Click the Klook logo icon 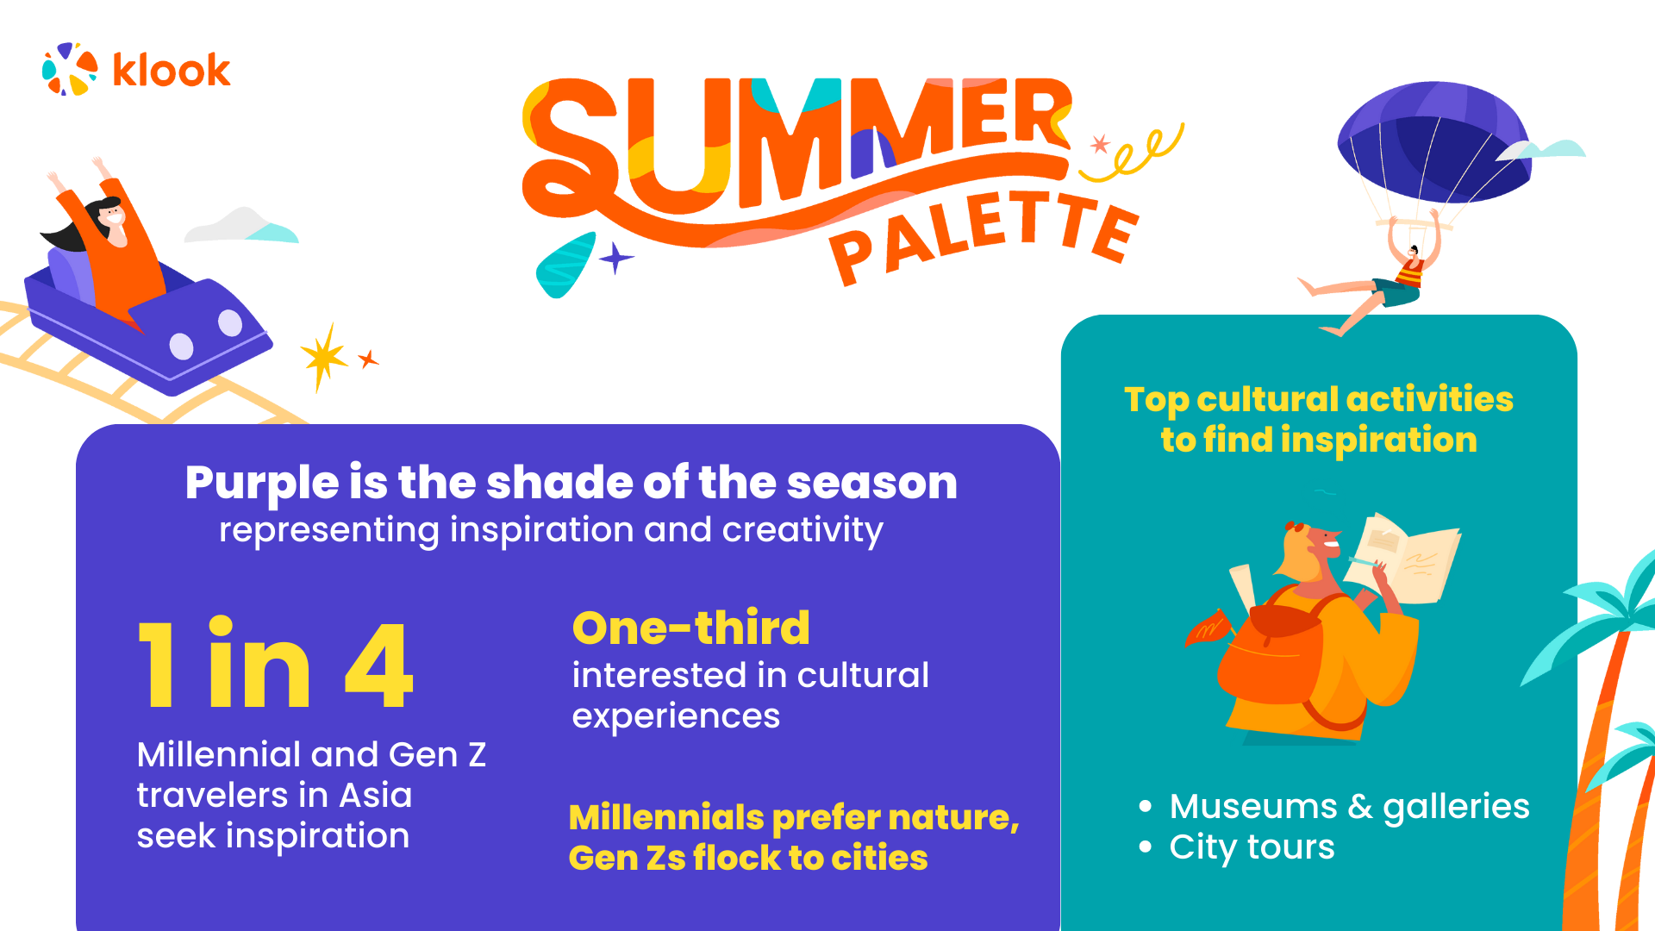70,69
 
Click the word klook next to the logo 172,71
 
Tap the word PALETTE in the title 983,234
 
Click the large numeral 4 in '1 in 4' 379,665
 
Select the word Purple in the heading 262,483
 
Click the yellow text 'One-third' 690,628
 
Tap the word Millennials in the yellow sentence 665,817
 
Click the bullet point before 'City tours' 1145,847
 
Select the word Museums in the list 1252,807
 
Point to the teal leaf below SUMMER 565,265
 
